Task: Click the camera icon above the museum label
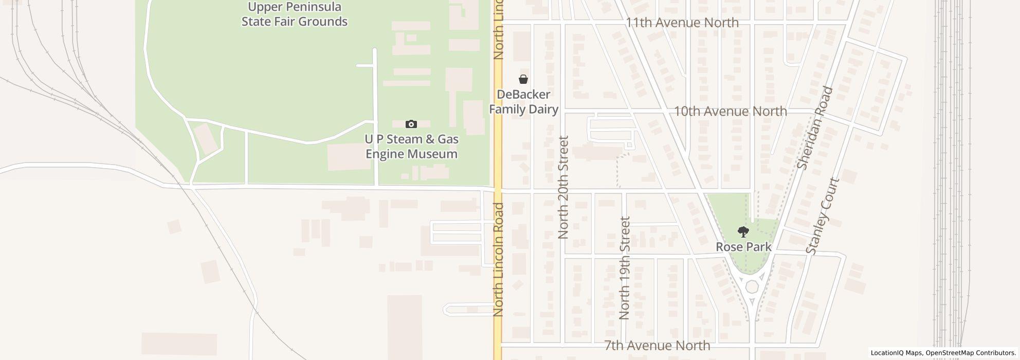pyautogui.click(x=411, y=124)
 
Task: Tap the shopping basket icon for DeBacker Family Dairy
pyautogui.click(x=523, y=79)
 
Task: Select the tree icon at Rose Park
pyautogui.click(x=743, y=231)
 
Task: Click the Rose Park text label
pyautogui.click(x=743, y=247)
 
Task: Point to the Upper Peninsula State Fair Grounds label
pyautogui.click(x=295, y=14)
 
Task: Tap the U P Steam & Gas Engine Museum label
pyautogui.click(x=411, y=147)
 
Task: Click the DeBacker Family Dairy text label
pyautogui.click(x=523, y=102)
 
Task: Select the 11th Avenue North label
pyautogui.click(x=682, y=23)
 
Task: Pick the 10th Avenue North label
pyautogui.click(x=730, y=111)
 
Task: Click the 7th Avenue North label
pyautogui.click(x=657, y=346)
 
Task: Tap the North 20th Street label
pyautogui.click(x=563, y=187)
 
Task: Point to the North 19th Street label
pyautogui.click(x=625, y=268)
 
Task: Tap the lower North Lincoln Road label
pyautogui.click(x=498, y=259)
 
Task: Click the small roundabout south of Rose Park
pyautogui.click(x=752, y=287)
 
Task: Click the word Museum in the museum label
pyautogui.click(x=432, y=154)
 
